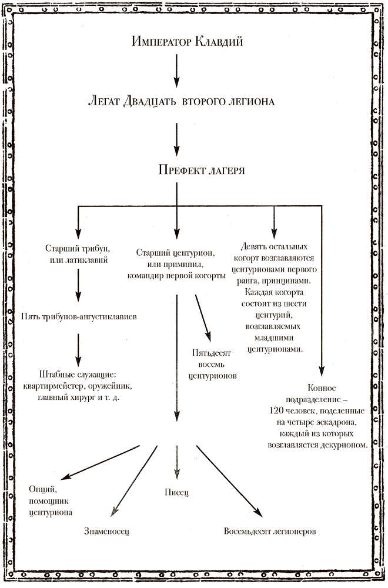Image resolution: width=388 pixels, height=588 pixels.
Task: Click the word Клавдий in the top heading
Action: (x=220, y=42)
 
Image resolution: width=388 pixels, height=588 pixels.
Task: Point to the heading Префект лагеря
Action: (x=202, y=170)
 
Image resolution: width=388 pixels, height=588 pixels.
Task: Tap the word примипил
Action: (x=193, y=265)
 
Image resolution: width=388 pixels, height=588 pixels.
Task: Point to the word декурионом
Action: (x=345, y=445)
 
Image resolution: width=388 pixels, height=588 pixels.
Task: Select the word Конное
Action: (x=322, y=387)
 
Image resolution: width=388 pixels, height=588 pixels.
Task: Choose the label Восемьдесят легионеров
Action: (x=270, y=532)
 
